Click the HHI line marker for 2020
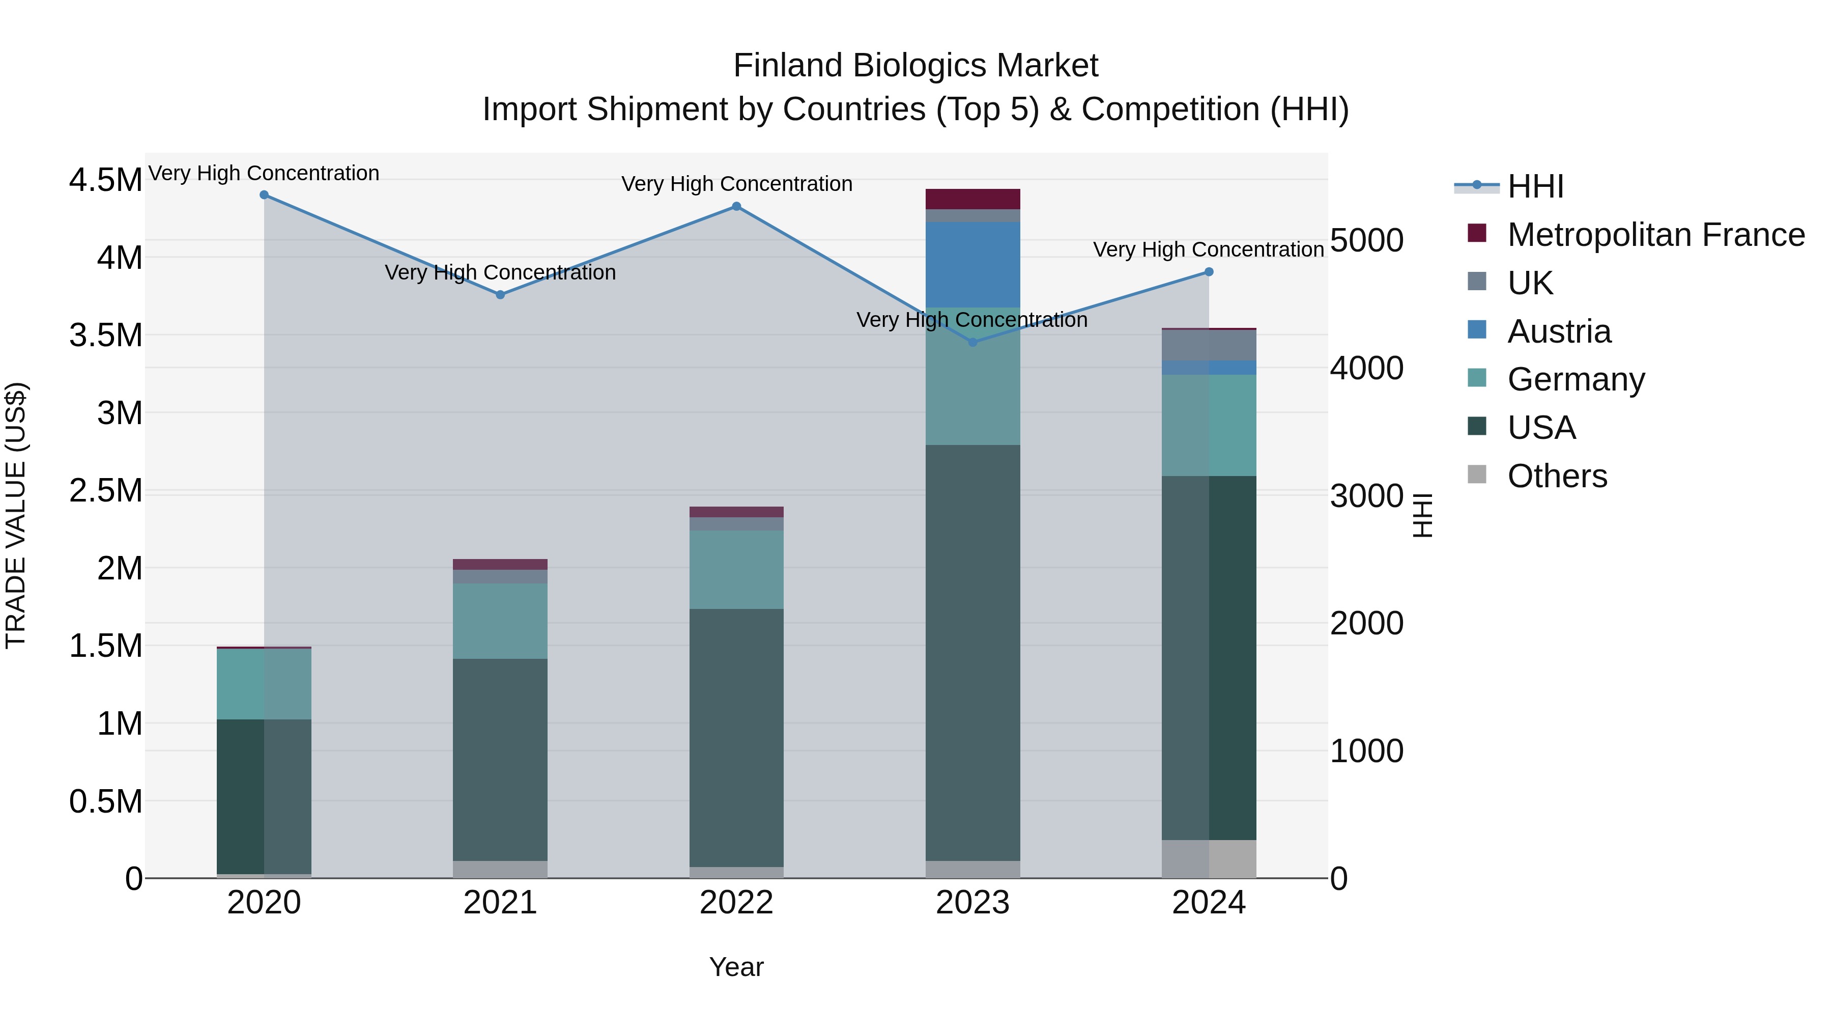click(264, 195)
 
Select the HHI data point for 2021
click(500, 295)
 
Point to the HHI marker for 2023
click(973, 342)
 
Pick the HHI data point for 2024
click(1209, 272)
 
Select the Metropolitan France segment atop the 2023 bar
click(973, 199)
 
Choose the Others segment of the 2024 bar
click(1209, 859)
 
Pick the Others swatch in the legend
click(1477, 475)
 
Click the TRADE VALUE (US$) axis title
click(16, 515)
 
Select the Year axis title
click(736, 967)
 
